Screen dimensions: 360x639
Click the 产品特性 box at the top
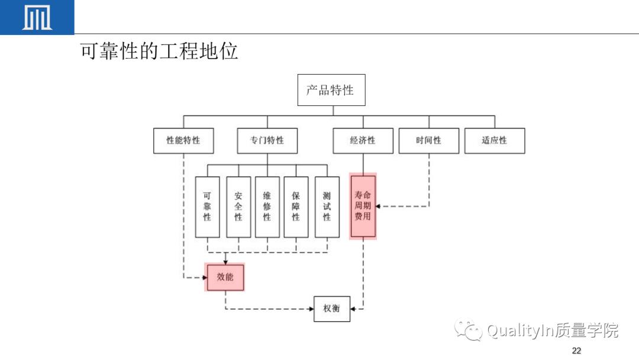click(x=331, y=90)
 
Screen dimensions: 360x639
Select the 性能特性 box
click(x=183, y=141)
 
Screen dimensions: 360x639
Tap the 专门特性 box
click(x=267, y=141)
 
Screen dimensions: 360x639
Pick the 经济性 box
click(x=363, y=141)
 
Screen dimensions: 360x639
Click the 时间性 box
click(x=428, y=141)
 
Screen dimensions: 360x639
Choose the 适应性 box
click(x=494, y=141)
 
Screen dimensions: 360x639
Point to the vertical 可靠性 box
click(x=207, y=207)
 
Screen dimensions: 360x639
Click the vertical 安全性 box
click(x=238, y=207)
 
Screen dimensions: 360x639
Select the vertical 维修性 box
click(x=267, y=207)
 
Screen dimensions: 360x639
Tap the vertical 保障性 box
click(x=296, y=207)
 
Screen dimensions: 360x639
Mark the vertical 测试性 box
click(x=327, y=207)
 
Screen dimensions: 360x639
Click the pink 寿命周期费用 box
click(x=363, y=206)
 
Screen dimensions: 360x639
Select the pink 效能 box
click(x=225, y=277)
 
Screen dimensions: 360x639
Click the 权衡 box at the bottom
click(x=331, y=308)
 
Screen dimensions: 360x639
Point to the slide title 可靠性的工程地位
click(x=159, y=52)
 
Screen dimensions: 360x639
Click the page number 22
click(x=576, y=351)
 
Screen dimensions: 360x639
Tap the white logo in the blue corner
click(x=37, y=17)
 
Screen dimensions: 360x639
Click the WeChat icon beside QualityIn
click(x=468, y=330)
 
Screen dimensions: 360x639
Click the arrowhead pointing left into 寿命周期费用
click(x=379, y=207)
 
